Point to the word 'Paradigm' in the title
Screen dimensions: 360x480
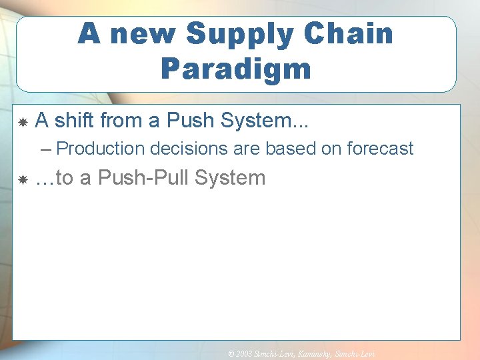click(235, 68)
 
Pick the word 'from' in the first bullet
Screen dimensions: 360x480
click(123, 121)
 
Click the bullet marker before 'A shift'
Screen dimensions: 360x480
click(22, 122)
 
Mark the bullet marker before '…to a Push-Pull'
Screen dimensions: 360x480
click(22, 179)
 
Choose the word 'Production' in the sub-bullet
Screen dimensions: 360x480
click(101, 149)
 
